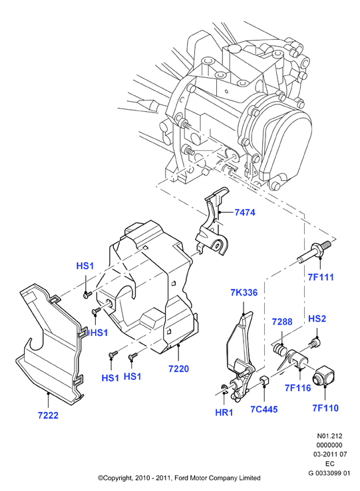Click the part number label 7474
[x=245, y=212]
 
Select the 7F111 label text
[x=321, y=277]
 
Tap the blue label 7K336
[x=244, y=293]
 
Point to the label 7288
[x=282, y=321]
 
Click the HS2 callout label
[x=317, y=319]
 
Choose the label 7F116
[x=297, y=388]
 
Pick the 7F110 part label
[x=325, y=408]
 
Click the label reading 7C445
[x=264, y=409]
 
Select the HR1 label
[x=224, y=412]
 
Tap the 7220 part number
[x=178, y=369]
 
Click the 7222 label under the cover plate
[x=49, y=415]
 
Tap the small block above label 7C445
[x=265, y=381]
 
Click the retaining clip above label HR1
[x=224, y=389]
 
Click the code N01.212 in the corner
[x=329, y=436]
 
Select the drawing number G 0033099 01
[x=329, y=473]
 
